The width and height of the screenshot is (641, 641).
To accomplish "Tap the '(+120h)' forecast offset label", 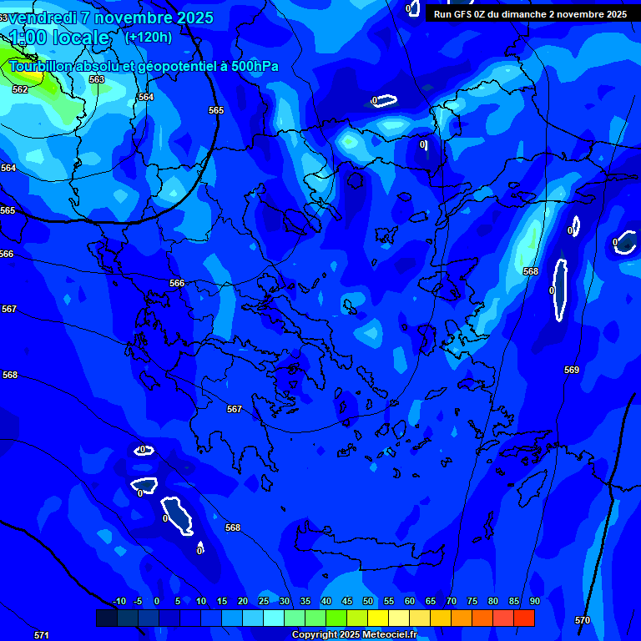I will pos(149,37).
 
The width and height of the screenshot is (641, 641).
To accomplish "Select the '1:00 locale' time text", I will pos(59,38).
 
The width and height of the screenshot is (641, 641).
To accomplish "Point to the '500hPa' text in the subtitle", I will pos(255,67).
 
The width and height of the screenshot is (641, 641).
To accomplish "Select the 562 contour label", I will pos(20,89).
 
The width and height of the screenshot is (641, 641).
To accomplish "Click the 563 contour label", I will pos(97,79).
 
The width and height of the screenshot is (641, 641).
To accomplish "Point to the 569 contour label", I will pos(571,370).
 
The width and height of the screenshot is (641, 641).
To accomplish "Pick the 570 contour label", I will pos(583,620).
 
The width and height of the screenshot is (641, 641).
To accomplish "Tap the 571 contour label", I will pos(41,635).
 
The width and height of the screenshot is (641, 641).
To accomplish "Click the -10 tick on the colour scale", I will pos(119,601).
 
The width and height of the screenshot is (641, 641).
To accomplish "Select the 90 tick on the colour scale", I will pos(534,601).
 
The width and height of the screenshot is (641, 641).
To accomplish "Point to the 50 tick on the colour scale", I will pos(367,601).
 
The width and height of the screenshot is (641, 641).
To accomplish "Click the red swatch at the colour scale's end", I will pos(523,618).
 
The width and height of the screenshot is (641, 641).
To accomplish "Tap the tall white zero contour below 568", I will pos(561,290).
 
